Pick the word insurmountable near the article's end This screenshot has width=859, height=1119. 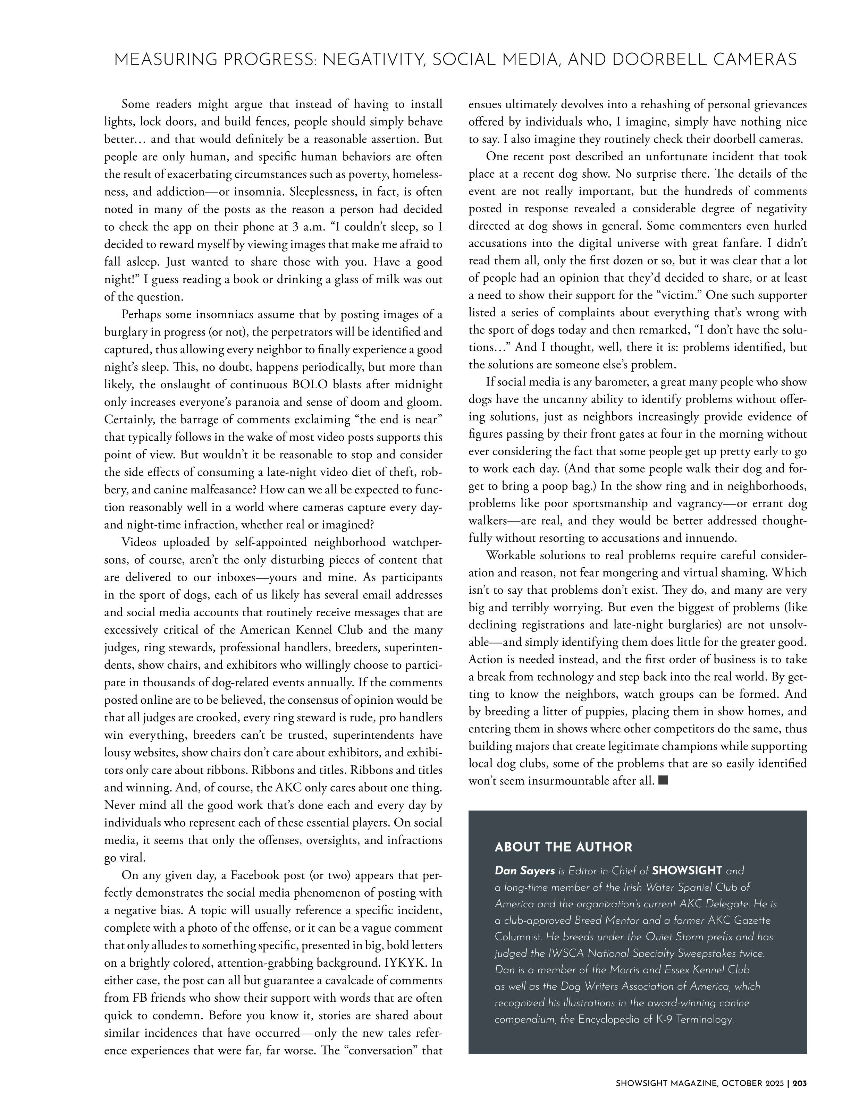569,781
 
